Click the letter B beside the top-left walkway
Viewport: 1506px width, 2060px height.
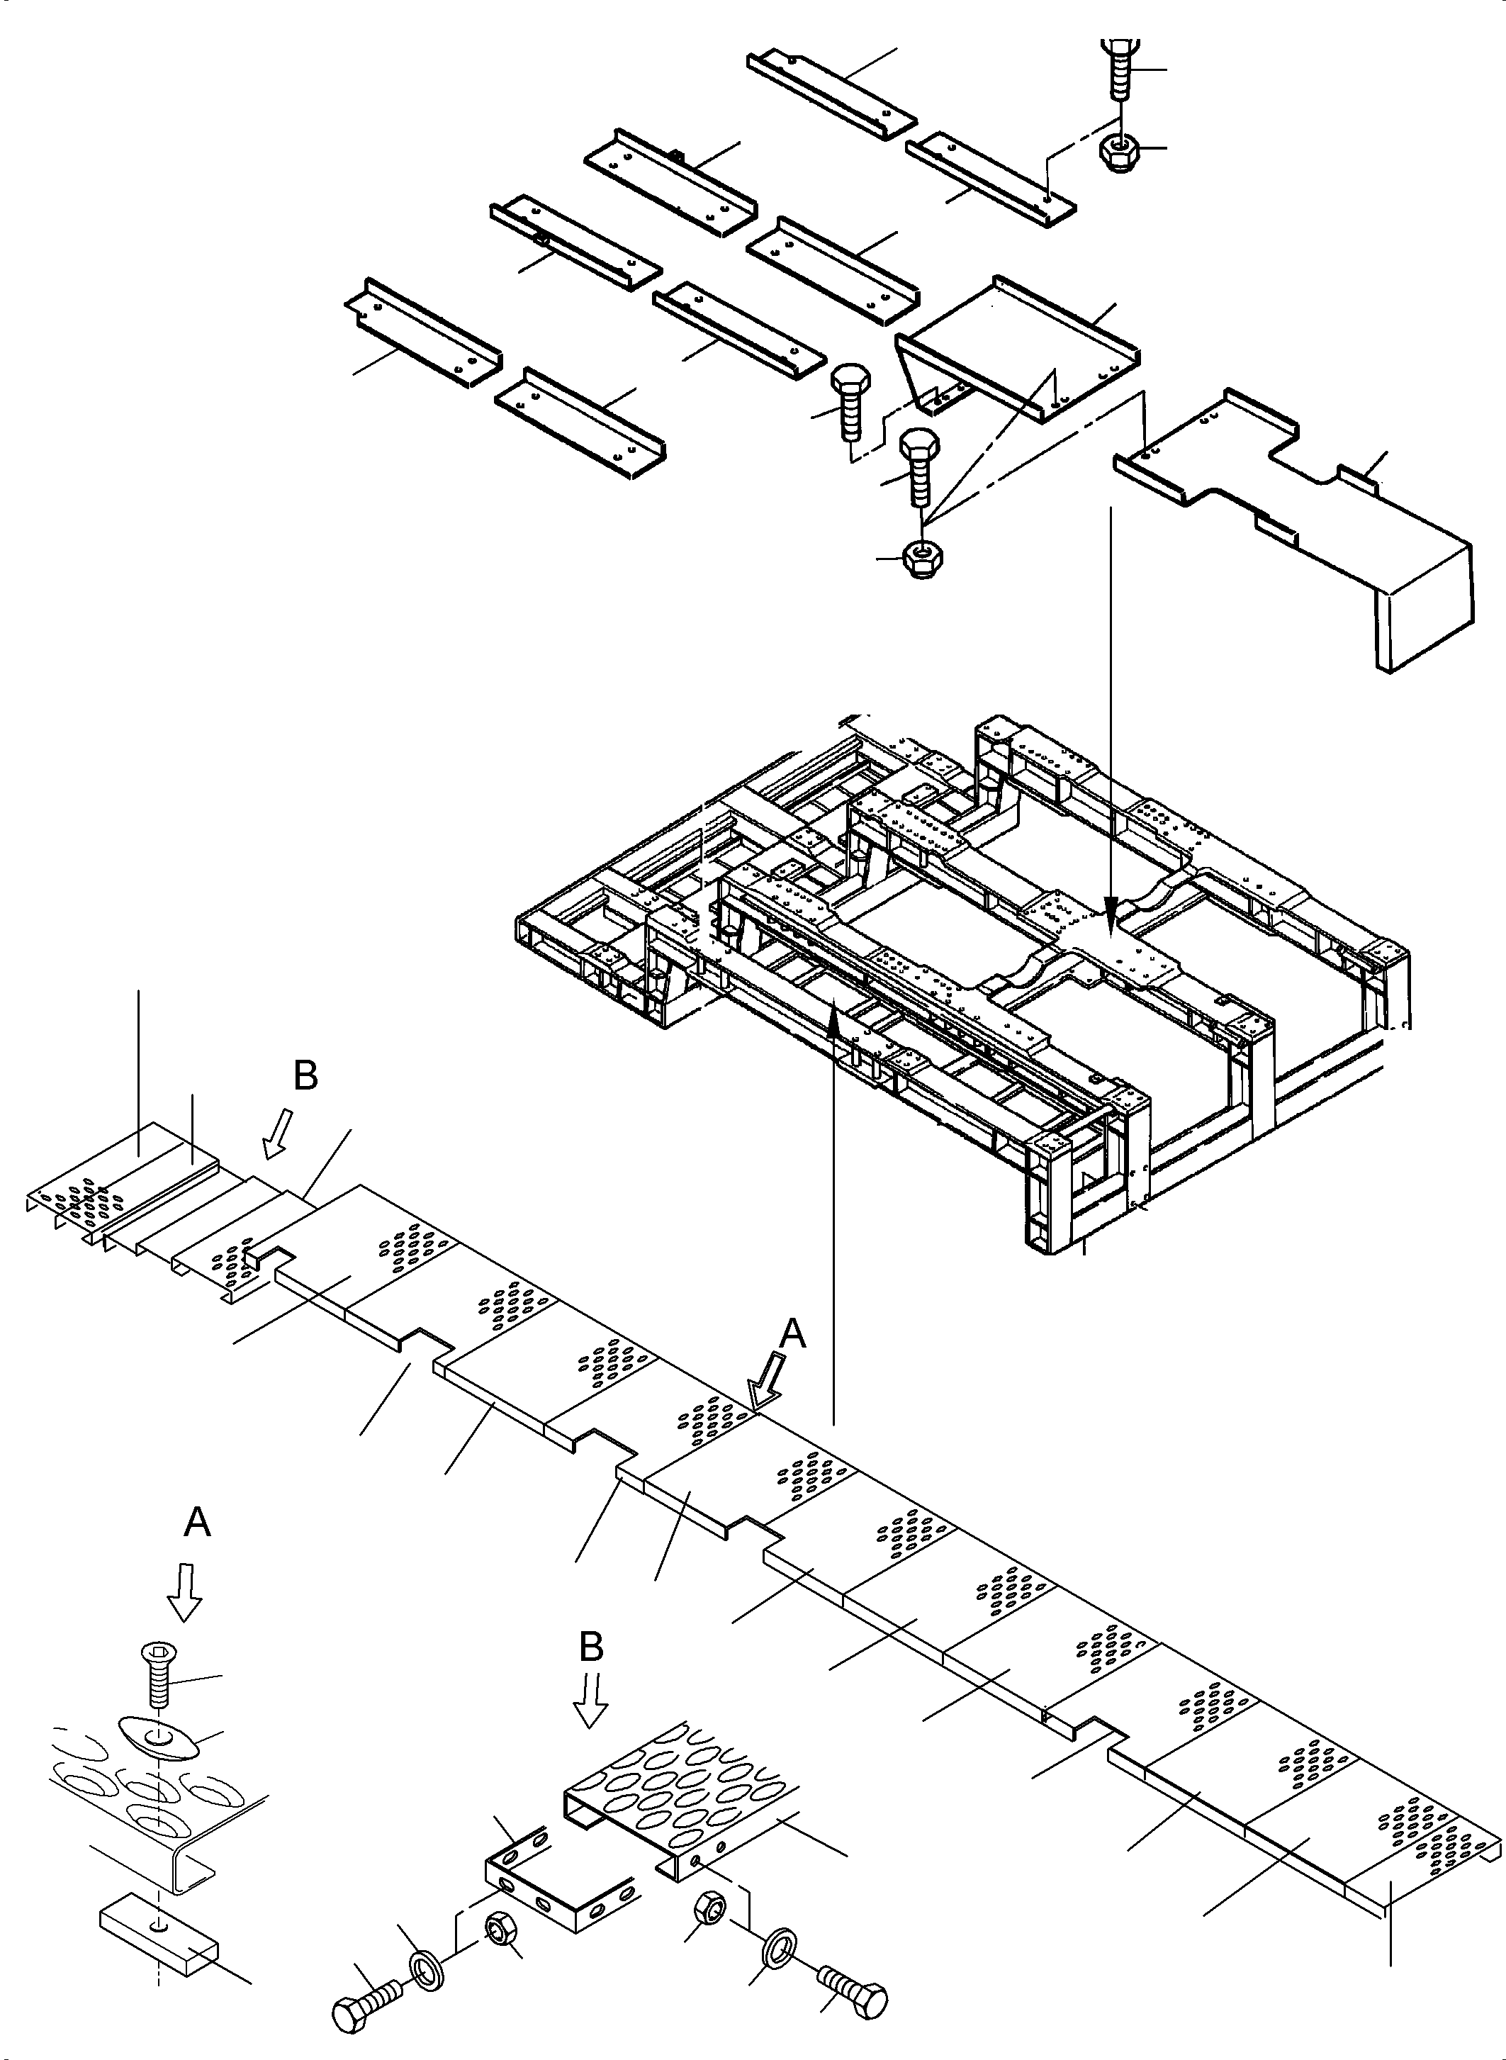tap(305, 1076)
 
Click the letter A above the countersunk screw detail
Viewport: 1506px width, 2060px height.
tap(197, 1522)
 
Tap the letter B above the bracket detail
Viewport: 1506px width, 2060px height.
tap(592, 1647)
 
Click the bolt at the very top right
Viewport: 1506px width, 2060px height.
tap(1118, 68)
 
